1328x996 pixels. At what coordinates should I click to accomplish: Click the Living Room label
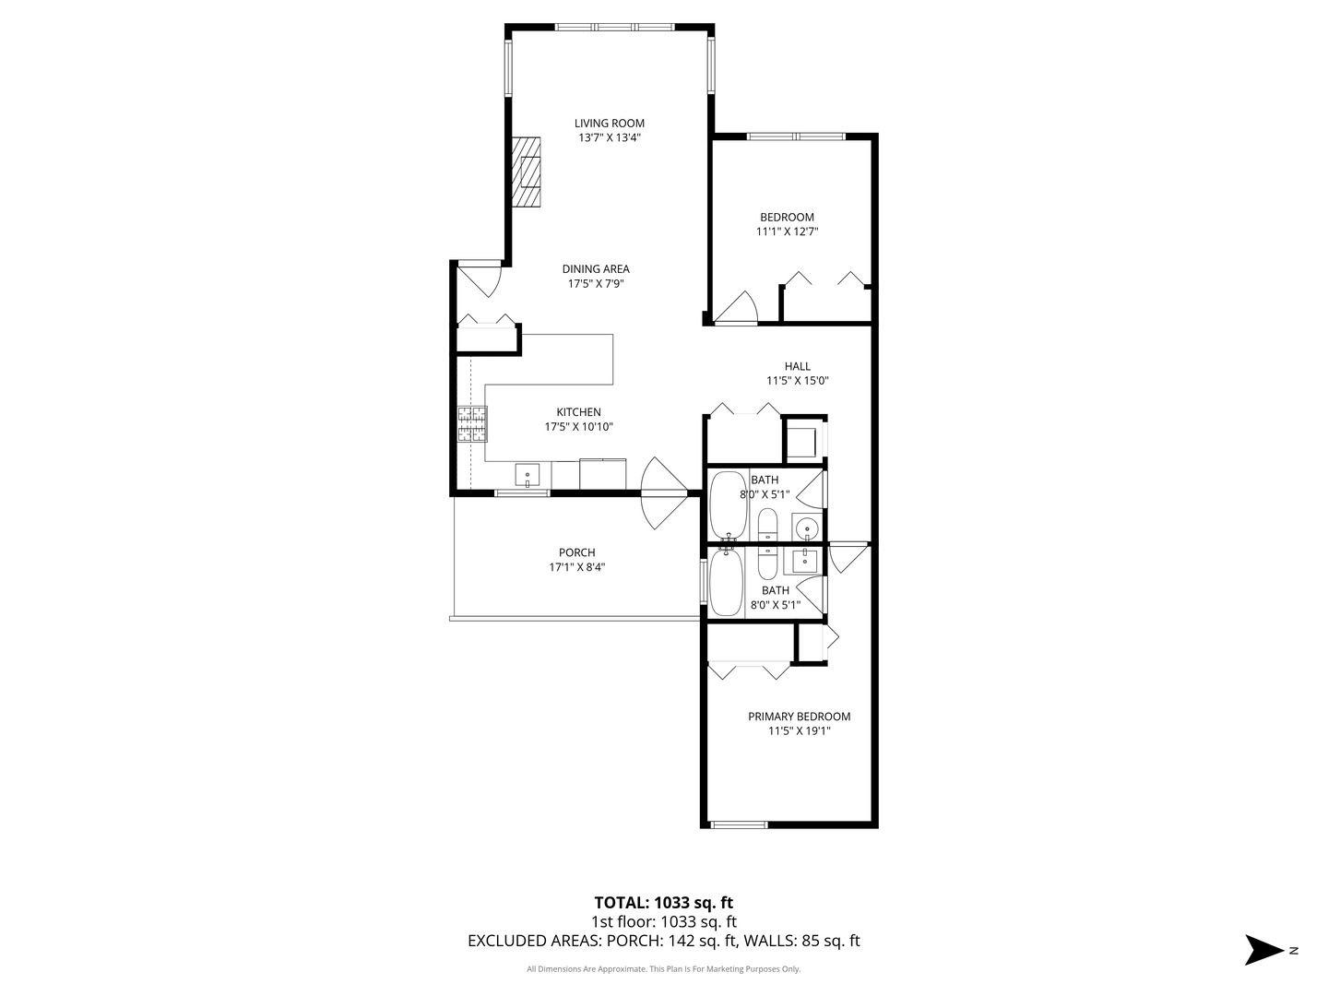[610, 124]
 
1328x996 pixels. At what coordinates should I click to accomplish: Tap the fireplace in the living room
[526, 172]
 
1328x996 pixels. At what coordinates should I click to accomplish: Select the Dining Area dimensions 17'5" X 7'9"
[596, 284]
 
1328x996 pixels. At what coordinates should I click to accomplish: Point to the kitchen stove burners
[472, 424]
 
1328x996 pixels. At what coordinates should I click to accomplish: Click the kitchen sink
[527, 475]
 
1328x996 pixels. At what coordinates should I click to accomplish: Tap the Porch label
[576, 552]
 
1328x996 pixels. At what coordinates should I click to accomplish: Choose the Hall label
[798, 366]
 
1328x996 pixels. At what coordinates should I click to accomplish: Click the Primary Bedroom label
[800, 717]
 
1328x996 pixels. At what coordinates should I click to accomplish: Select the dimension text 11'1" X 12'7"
[788, 231]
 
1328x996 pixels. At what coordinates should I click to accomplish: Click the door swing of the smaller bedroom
[737, 307]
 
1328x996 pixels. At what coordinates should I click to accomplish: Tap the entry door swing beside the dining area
[480, 281]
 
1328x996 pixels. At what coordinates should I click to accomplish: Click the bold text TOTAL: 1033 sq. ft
[664, 903]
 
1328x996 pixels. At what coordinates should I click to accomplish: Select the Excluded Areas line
[664, 941]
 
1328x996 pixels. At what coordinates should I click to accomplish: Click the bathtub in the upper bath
[729, 505]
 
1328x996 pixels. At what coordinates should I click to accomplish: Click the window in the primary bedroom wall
[739, 824]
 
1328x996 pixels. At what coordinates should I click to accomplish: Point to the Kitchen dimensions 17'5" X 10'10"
[579, 427]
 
